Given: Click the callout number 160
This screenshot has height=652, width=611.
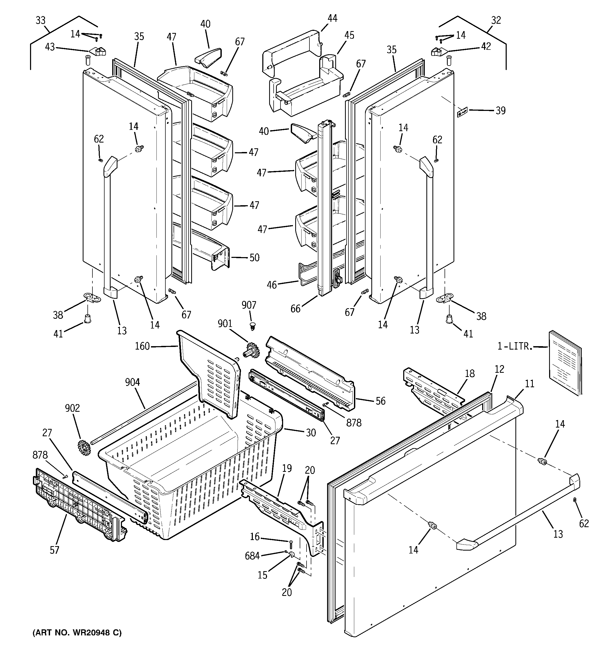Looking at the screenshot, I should click(x=142, y=346).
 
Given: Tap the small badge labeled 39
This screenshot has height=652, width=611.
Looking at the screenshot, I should click(x=462, y=113).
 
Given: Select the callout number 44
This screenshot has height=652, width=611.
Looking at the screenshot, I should click(x=332, y=18).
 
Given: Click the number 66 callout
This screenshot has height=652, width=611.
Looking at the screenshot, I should click(x=295, y=309).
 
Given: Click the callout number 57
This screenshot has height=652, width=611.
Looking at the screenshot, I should click(x=55, y=550).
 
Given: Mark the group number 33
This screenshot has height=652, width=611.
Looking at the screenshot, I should click(x=40, y=20).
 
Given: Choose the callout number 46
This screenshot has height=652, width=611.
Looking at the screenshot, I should click(x=272, y=285).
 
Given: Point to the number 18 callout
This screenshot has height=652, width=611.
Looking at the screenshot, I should click(x=470, y=374).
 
